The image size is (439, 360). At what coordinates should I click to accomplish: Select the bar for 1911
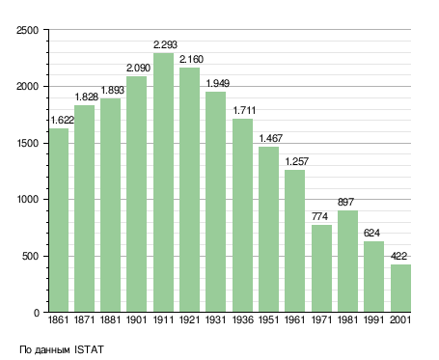pyautogui.click(x=163, y=182)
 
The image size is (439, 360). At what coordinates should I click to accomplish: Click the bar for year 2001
pyautogui.click(x=401, y=289)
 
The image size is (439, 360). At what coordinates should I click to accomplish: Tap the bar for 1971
pyautogui.click(x=321, y=268)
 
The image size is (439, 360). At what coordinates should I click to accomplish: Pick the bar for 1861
pyautogui.click(x=59, y=220)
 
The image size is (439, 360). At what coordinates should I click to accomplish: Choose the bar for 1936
pyautogui.click(x=242, y=215)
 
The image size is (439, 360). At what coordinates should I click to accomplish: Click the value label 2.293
pyautogui.click(x=165, y=44)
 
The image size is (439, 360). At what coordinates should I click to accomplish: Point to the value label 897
pyautogui.click(x=345, y=202)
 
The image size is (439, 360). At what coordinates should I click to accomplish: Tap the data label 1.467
pyautogui.click(x=271, y=138)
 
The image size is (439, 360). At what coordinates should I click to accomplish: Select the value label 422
pyautogui.click(x=398, y=256)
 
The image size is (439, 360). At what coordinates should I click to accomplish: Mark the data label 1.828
pyautogui.click(x=87, y=97)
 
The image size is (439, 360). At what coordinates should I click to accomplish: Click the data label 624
pyautogui.click(x=371, y=233)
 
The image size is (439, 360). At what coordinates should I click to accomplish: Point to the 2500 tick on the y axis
pyautogui.click(x=27, y=30)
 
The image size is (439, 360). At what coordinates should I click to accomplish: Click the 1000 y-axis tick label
pyautogui.click(x=27, y=200)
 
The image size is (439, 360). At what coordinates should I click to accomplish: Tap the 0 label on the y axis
pyautogui.click(x=37, y=313)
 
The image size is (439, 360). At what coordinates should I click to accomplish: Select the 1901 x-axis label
pyautogui.click(x=136, y=320)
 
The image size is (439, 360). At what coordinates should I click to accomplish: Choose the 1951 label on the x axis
pyautogui.click(x=268, y=320)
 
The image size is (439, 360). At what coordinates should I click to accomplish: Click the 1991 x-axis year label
pyautogui.click(x=373, y=320)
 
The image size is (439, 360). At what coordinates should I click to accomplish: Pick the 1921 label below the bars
pyautogui.click(x=189, y=320)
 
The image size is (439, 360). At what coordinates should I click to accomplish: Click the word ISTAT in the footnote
pyautogui.click(x=89, y=349)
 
